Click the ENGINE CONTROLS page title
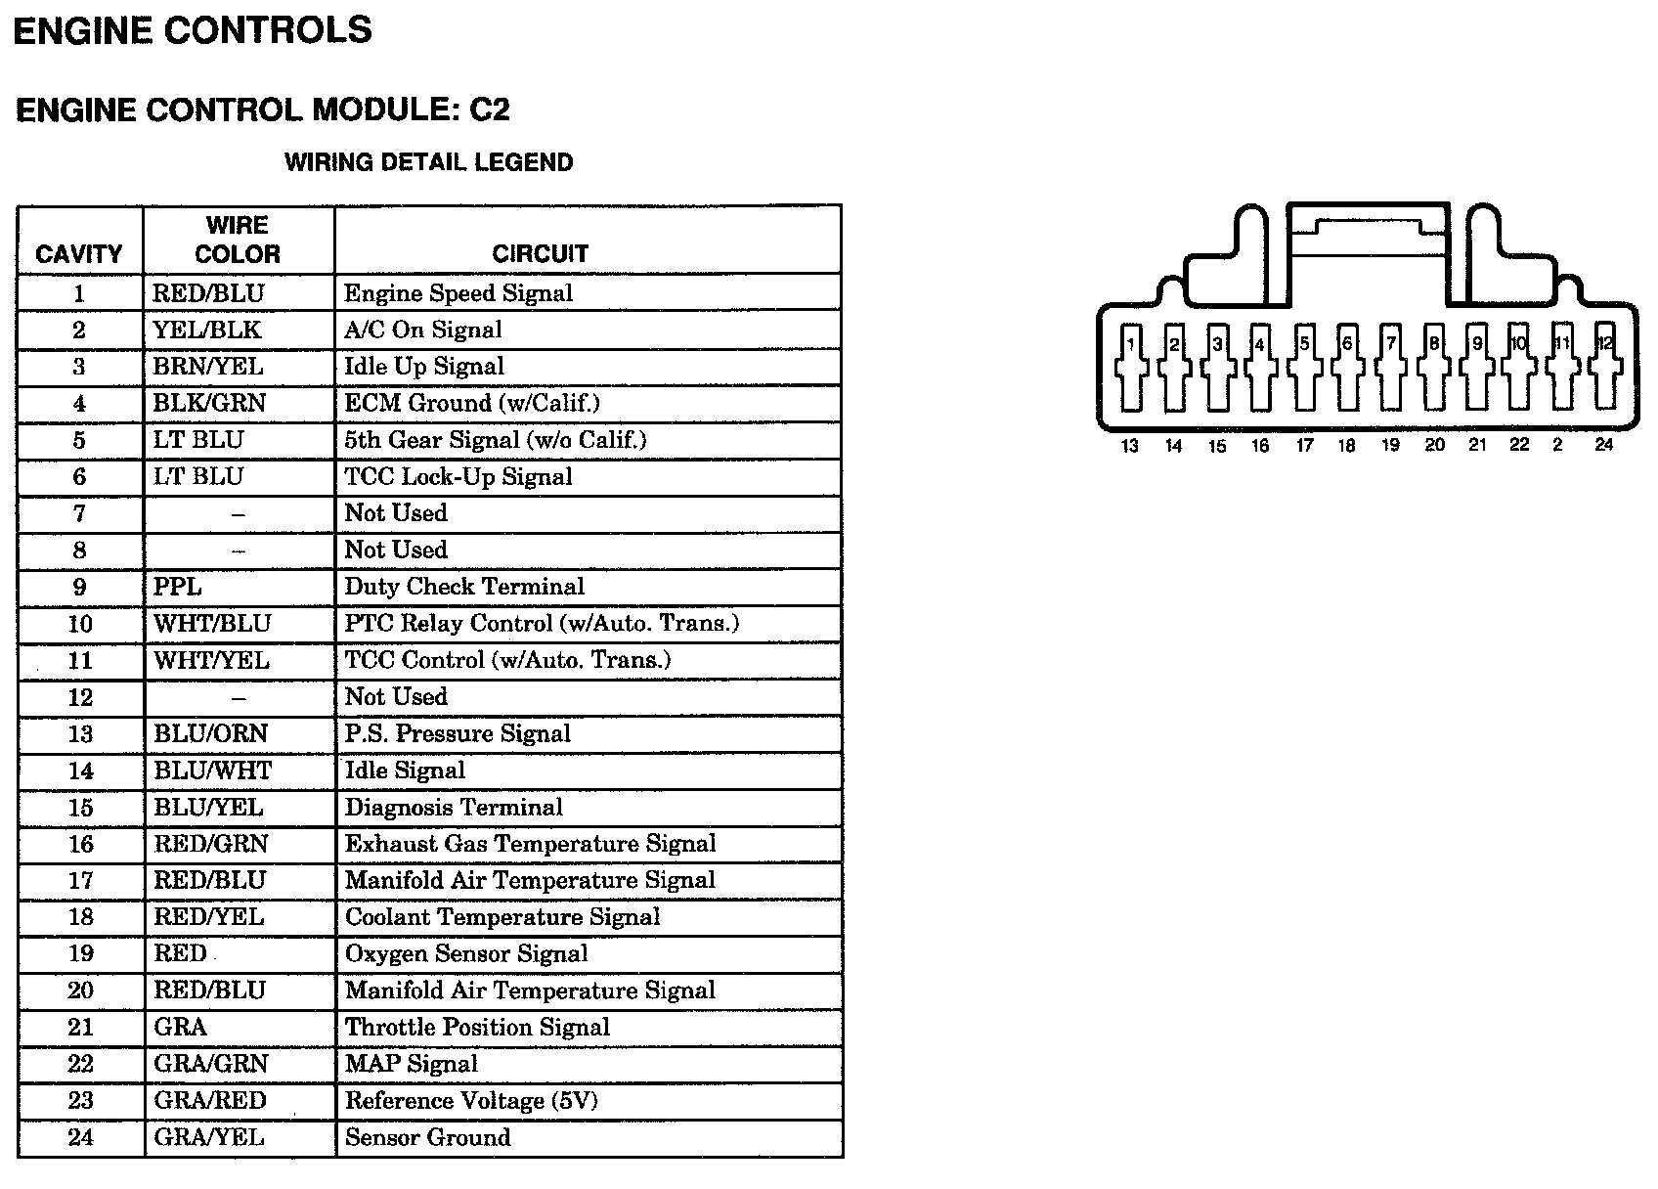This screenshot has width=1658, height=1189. (x=193, y=30)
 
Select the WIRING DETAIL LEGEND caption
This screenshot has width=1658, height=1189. (x=428, y=162)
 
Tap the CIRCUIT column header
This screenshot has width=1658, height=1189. (x=540, y=254)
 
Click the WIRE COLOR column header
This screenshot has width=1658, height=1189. (x=238, y=240)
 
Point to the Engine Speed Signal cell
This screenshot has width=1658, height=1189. (x=458, y=293)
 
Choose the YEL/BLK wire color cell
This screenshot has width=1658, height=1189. (x=207, y=330)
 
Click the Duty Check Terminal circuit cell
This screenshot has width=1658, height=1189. (x=464, y=587)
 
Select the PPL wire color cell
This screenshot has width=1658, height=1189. (x=178, y=587)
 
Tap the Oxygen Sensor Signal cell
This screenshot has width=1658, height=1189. (x=466, y=953)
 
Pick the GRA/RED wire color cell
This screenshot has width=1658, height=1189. (x=210, y=1101)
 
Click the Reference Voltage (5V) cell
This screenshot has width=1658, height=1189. (x=471, y=1101)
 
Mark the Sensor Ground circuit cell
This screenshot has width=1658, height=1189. (x=427, y=1137)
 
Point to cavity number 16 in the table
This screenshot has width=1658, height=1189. (x=80, y=844)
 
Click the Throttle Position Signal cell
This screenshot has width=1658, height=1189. (x=477, y=1028)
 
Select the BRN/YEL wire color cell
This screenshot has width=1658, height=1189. (x=208, y=367)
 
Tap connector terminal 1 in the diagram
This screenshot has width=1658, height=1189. (x=1131, y=367)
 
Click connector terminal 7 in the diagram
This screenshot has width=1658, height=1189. (x=1390, y=367)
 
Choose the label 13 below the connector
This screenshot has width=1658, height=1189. (x=1130, y=446)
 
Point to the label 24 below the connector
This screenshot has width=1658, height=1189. (x=1603, y=445)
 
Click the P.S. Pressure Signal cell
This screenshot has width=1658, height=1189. (x=458, y=734)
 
